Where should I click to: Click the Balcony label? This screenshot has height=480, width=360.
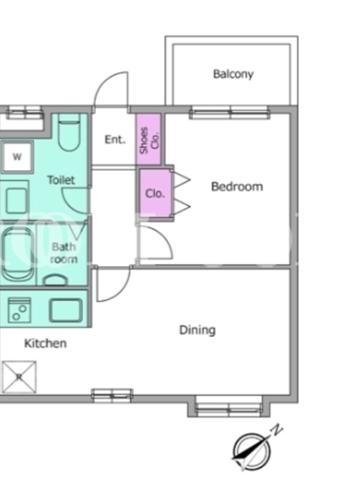click(233, 74)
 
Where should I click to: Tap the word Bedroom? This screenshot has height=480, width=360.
click(237, 187)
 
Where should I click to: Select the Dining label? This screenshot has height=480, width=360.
click(197, 330)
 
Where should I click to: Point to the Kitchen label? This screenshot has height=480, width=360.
click(46, 343)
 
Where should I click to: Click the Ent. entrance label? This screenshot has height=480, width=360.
click(115, 140)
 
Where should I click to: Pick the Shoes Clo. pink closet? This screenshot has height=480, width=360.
click(149, 139)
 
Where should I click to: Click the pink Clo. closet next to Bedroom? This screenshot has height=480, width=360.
click(155, 193)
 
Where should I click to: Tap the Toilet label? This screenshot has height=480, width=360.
click(61, 179)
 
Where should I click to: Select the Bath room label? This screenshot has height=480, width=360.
click(64, 253)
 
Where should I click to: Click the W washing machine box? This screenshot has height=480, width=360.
click(17, 157)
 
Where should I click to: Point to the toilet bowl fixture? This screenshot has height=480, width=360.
click(69, 133)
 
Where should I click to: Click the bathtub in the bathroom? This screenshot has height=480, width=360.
click(19, 253)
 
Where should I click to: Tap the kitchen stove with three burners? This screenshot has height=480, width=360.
click(20, 310)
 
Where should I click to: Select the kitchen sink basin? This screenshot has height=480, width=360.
click(66, 310)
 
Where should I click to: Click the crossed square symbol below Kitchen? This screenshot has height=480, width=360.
click(19, 377)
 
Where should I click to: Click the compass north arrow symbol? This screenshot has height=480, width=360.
click(251, 452)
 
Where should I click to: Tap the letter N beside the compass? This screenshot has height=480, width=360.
click(277, 430)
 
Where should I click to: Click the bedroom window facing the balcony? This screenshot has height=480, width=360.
click(230, 113)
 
